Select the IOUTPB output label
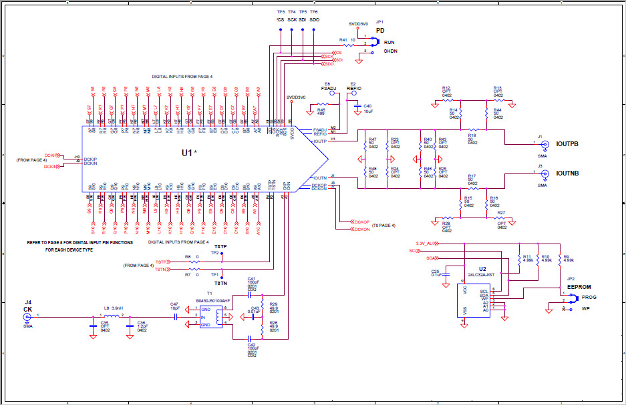pos(567,144)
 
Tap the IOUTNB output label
pos(567,173)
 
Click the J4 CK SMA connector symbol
pos(28,318)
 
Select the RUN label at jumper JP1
pos(389,41)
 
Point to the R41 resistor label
pos(343,40)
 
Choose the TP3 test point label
pos(281,12)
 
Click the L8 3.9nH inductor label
pos(111,308)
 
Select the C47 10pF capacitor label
pos(174,306)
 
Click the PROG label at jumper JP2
pos(589,296)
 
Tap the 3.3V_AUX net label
pos(425,244)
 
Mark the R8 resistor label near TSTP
pos(188,257)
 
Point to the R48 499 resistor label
pos(321,111)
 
